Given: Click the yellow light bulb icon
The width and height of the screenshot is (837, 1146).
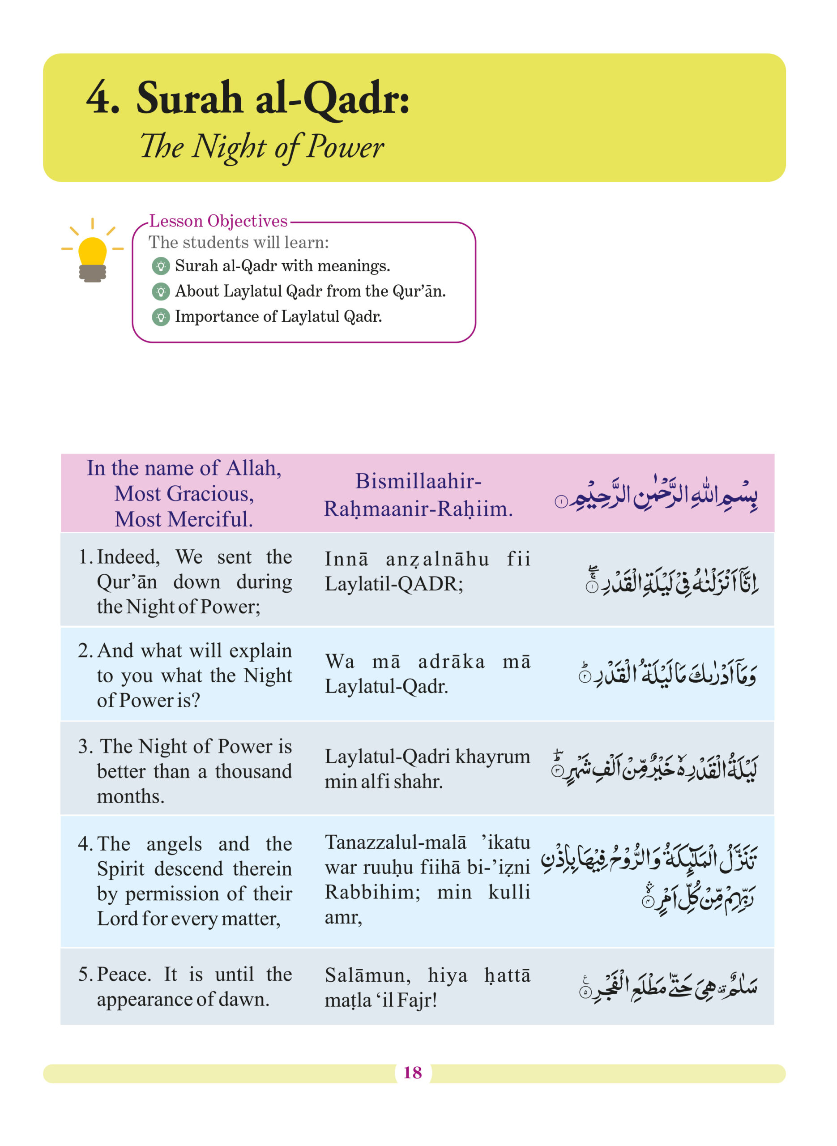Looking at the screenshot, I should [x=93, y=253].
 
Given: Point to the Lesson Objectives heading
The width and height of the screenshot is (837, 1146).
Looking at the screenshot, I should [x=218, y=222].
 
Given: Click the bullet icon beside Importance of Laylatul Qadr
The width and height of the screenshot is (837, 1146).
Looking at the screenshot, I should [x=161, y=317].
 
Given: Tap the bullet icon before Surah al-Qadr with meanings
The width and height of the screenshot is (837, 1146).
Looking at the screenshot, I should [x=161, y=266].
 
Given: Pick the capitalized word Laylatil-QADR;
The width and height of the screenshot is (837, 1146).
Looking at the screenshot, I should [x=394, y=584].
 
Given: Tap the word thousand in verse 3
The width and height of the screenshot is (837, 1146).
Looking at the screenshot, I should [x=253, y=772].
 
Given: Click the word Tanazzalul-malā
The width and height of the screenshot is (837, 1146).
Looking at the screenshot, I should [x=395, y=842].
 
